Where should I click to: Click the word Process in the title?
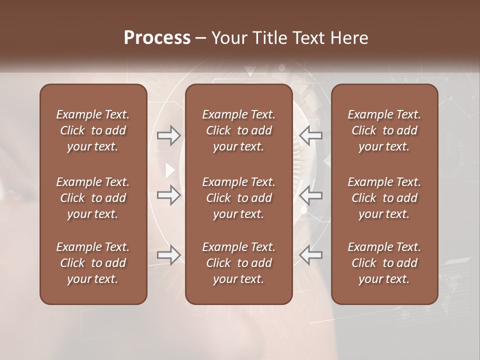(x=157, y=37)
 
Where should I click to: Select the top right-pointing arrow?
(x=168, y=135)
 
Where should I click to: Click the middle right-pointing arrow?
(x=168, y=195)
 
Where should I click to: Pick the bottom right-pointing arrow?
(x=168, y=255)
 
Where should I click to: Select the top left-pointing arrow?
(x=310, y=135)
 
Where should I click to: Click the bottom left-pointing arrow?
(x=310, y=255)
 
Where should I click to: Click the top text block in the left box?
(x=93, y=130)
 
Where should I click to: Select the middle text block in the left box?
(x=93, y=198)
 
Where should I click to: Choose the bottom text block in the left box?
(x=93, y=263)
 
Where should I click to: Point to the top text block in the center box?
(x=238, y=130)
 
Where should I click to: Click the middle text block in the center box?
(x=238, y=198)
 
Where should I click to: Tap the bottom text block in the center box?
(x=238, y=263)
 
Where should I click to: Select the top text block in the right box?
(x=384, y=130)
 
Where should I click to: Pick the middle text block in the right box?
(x=384, y=198)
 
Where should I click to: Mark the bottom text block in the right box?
(x=384, y=263)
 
